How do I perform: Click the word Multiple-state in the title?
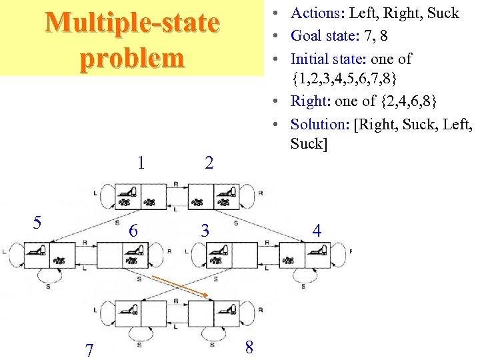pyautogui.click(x=132, y=23)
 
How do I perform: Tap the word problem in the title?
pyautogui.click(x=132, y=58)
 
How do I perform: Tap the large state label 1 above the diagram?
pyautogui.click(x=141, y=162)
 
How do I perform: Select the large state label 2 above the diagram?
pyautogui.click(x=209, y=163)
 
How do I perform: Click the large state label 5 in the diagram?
pyautogui.click(x=37, y=223)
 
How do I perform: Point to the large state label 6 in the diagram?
pyautogui.click(x=133, y=231)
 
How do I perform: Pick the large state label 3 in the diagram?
pyautogui.click(x=205, y=231)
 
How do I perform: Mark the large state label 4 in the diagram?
pyautogui.click(x=317, y=231)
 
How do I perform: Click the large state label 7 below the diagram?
pyautogui.click(x=89, y=349)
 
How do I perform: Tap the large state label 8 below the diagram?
pyautogui.click(x=249, y=347)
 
